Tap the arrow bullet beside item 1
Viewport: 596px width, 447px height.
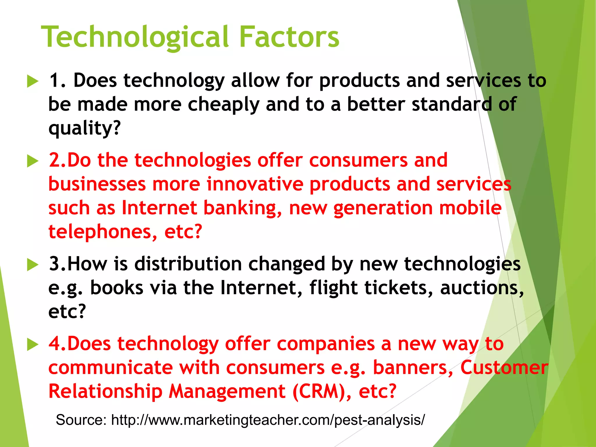tap(33, 81)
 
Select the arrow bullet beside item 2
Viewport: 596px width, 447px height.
tap(33, 161)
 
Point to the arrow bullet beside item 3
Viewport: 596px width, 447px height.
tap(33, 265)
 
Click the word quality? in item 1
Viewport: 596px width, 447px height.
tap(84, 128)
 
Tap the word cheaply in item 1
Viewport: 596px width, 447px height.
tap(223, 105)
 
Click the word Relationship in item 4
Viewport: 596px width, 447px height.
tap(105, 391)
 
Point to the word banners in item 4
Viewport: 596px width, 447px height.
tap(413, 368)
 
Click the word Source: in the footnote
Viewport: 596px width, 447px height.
tap(81, 420)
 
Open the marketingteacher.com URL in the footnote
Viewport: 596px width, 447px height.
tap(268, 420)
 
